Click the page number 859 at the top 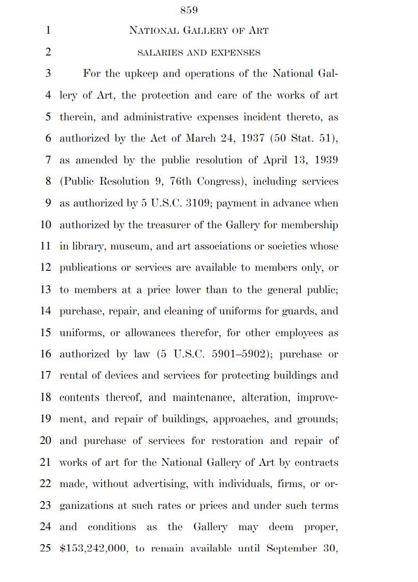pyautogui.click(x=189, y=10)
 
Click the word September pyautogui.click(x=291, y=549)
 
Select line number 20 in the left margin pyautogui.click(x=45, y=441)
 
